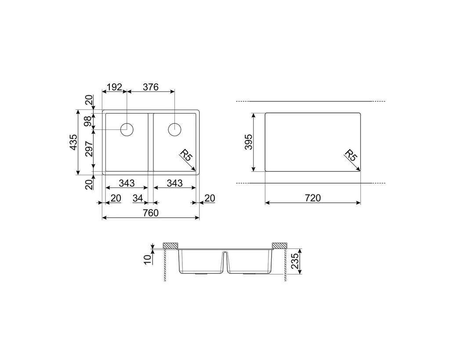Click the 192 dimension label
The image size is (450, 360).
[114, 87]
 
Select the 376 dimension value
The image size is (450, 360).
[151, 87]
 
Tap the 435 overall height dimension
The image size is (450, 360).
[73, 142]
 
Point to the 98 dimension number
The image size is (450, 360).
[88, 121]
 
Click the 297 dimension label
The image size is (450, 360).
[89, 149]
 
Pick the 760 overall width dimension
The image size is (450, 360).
[151, 213]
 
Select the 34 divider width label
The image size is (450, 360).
[138, 198]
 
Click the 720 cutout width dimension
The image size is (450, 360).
[312, 198]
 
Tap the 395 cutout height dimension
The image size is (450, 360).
[248, 142]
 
